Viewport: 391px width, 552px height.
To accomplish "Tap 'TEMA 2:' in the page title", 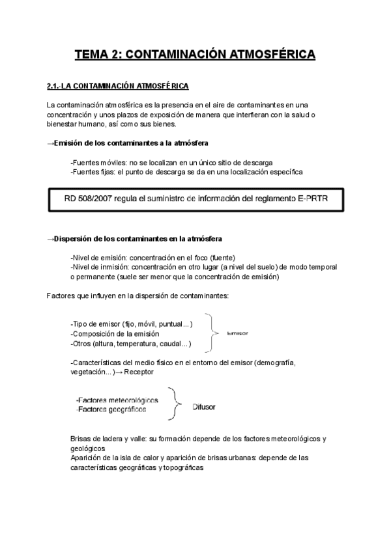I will click(x=96, y=55).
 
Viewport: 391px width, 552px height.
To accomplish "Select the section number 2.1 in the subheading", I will click(x=53, y=86).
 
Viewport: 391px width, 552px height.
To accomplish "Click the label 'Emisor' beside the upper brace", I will click(x=239, y=333).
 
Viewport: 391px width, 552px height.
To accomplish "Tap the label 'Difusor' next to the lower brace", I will click(x=204, y=407).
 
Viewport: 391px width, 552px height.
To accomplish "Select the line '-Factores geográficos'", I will click(x=111, y=409).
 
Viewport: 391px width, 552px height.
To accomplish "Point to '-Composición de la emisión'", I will click(x=113, y=333).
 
